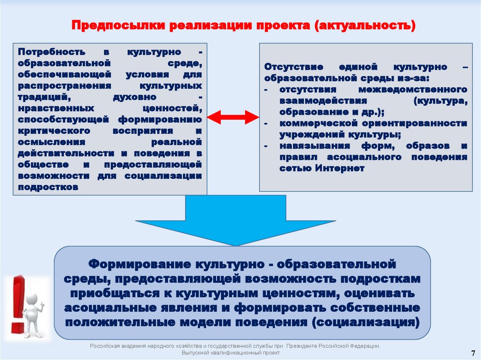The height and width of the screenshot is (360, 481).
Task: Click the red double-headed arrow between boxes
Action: click(233, 118)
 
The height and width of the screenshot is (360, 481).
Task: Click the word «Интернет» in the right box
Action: click(340, 168)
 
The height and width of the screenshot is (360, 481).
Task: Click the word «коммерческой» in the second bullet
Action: click(317, 123)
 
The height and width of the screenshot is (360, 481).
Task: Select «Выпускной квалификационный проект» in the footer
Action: click(231, 352)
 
